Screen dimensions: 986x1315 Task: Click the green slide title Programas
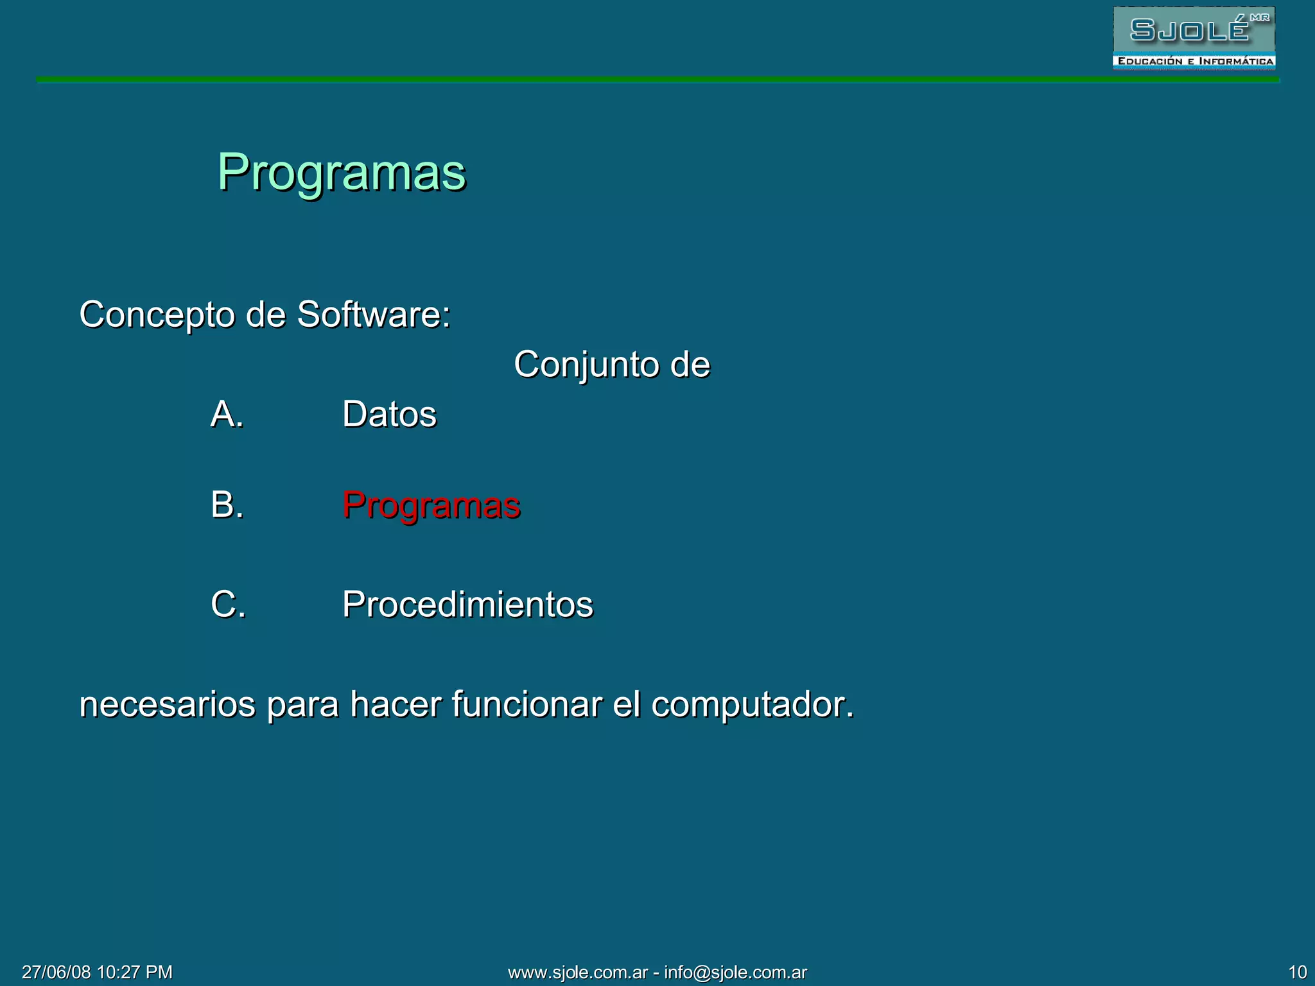(x=341, y=173)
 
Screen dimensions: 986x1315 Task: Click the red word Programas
(x=431, y=505)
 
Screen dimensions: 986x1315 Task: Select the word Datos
(x=389, y=414)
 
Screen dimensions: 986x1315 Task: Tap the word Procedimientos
(x=467, y=605)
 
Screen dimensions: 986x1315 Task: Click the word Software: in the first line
(x=374, y=315)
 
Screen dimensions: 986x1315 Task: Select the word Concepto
(x=157, y=315)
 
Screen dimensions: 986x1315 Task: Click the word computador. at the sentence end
(x=753, y=705)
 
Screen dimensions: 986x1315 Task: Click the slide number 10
(x=1297, y=972)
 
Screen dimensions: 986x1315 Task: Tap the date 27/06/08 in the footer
(x=57, y=972)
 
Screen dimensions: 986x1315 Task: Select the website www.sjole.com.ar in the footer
(x=578, y=973)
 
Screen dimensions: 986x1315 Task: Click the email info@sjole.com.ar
(x=735, y=973)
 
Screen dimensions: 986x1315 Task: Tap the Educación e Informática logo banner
(x=1194, y=62)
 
